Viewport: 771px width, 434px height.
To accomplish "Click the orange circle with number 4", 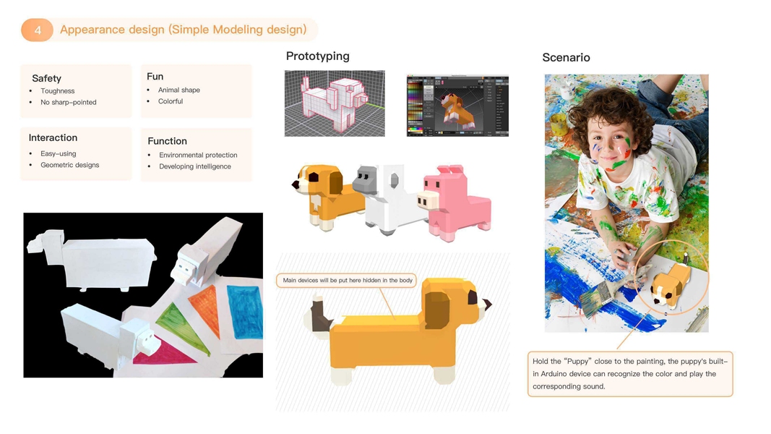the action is click(38, 30).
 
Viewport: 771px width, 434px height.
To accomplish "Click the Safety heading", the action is click(47, 78).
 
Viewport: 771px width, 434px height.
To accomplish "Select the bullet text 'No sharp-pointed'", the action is click(69, 102).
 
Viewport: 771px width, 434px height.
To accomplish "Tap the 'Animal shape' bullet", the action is click(179, 90).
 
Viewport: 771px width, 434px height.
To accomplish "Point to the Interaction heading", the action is click(53, 137).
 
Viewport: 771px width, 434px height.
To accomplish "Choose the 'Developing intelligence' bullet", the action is click(194, 166).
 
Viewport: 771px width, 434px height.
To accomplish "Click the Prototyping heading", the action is click(318, 56).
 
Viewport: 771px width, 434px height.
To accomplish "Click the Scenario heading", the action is click(566, 58).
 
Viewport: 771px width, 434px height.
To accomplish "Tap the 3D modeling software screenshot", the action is click(457, 106).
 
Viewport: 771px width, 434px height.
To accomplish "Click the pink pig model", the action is click(455, 203).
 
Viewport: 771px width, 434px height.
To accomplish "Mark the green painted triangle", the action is click(184, 326).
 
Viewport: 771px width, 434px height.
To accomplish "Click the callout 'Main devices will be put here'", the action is click(347, 281).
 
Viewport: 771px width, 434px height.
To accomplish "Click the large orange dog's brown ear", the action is click(436, 309).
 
